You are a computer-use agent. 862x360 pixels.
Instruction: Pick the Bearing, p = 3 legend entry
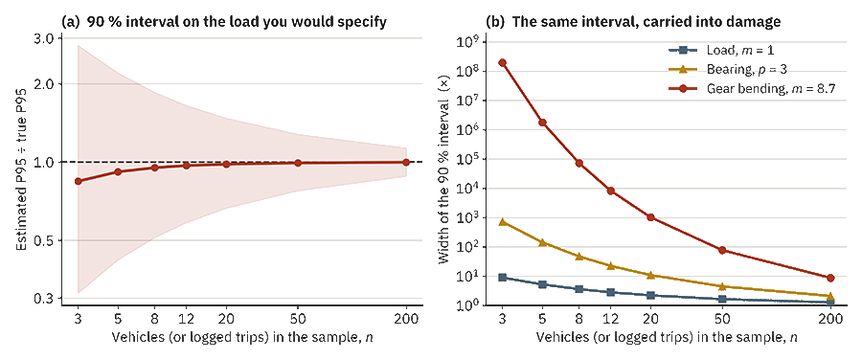pos(735,70)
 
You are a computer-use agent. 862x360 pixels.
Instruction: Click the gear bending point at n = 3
pos(503,62)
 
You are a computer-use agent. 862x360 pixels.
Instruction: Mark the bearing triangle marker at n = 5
pos(543,242)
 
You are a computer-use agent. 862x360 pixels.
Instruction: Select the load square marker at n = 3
pos(503,278)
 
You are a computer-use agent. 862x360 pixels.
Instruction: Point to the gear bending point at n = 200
pos(830,278)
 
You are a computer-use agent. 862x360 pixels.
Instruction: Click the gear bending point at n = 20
pos(651,217)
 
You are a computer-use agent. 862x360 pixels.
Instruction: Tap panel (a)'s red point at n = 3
pos(79,181)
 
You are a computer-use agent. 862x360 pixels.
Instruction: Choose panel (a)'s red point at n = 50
pos(298,163)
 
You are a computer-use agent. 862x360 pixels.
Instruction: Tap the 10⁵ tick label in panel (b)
pos(471,159)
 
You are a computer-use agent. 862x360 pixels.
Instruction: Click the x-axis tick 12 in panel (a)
pos(187,319)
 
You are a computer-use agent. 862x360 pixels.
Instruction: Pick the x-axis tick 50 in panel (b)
pos(722,319)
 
